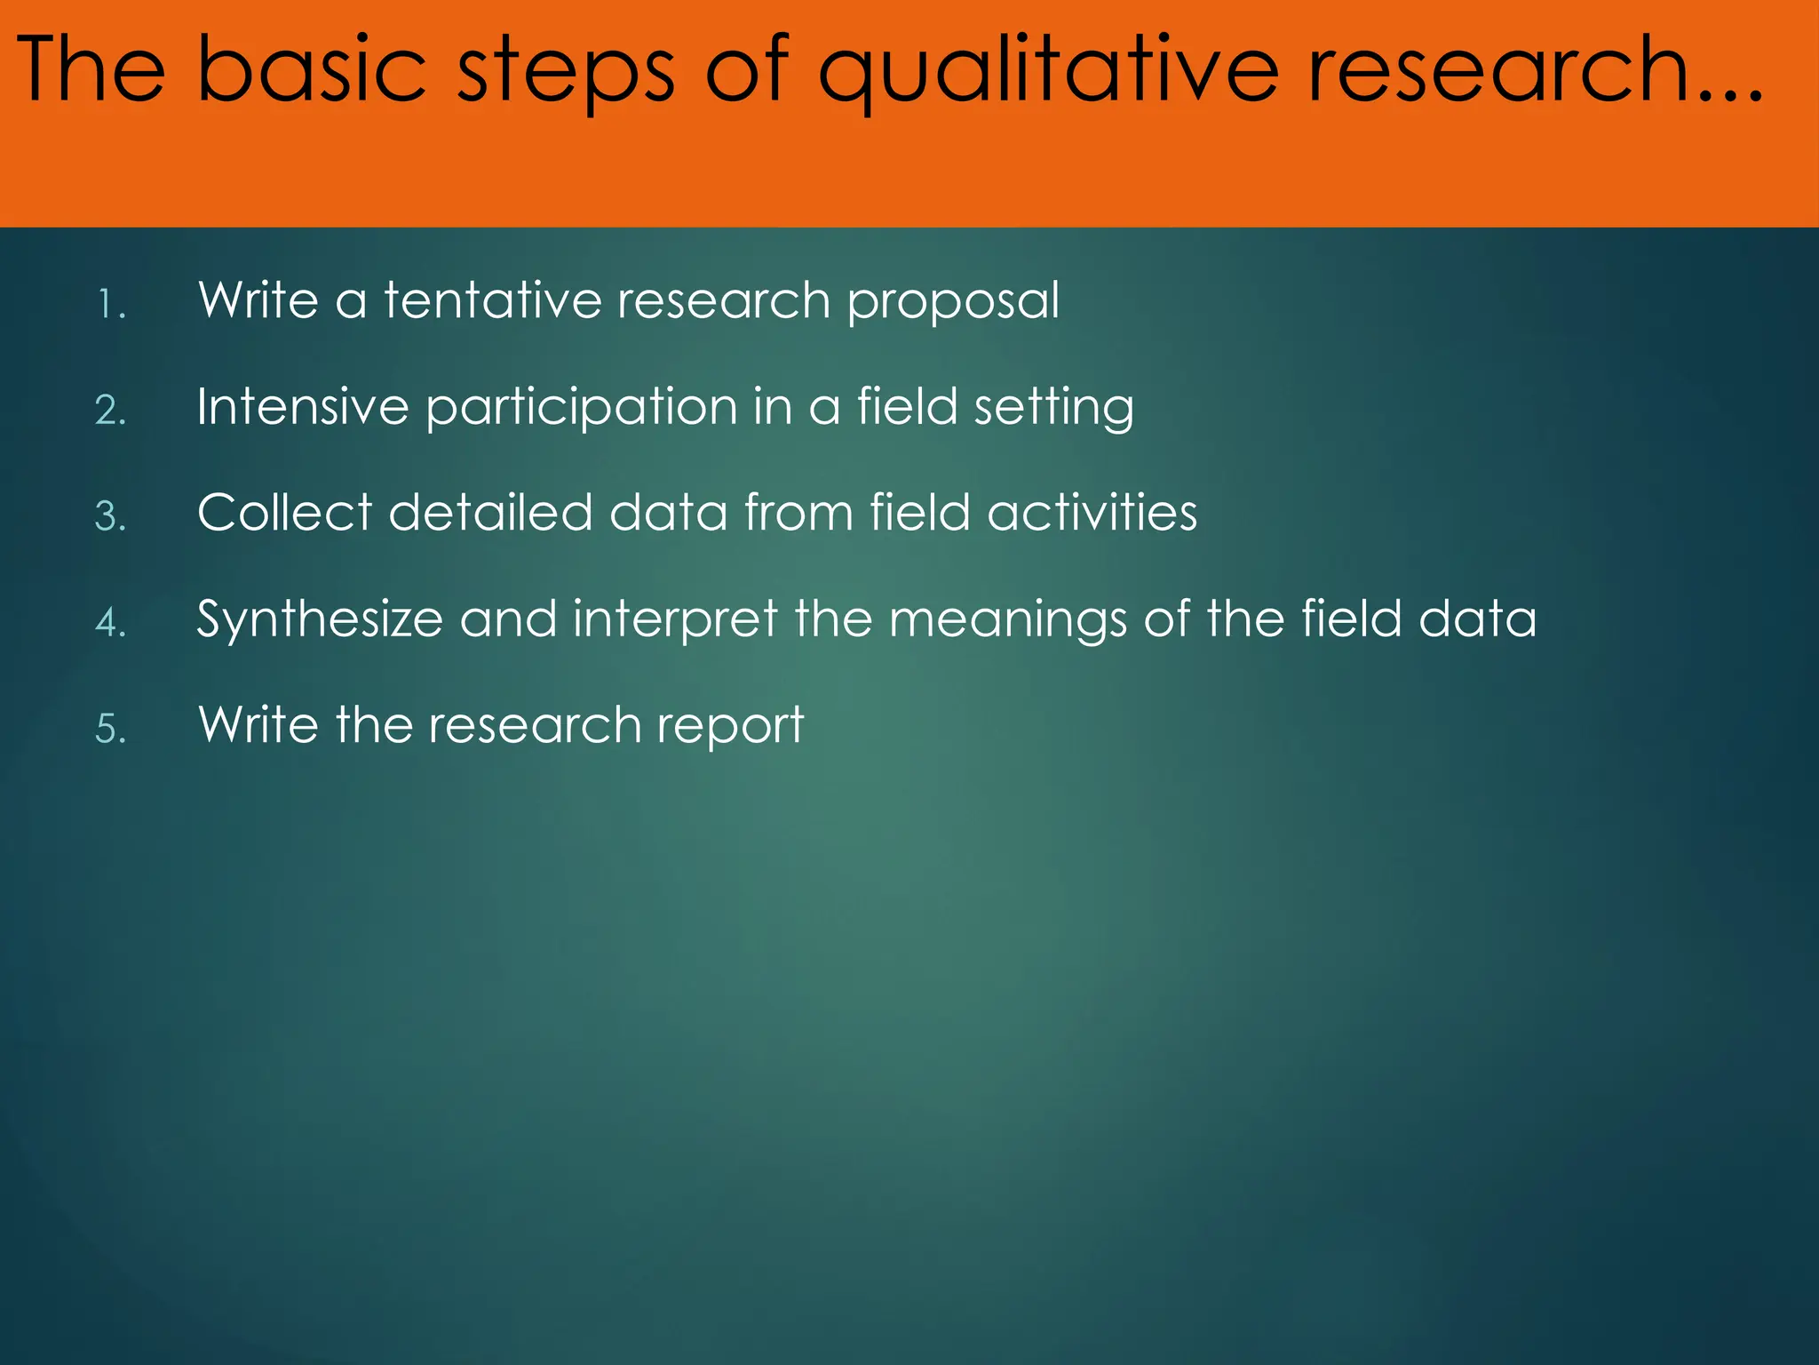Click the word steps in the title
565,71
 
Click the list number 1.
110,305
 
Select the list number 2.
110,411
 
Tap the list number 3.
110,516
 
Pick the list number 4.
110,622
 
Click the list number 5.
110,729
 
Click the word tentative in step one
492,300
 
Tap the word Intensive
302,407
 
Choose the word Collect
284,513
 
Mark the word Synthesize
319,620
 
